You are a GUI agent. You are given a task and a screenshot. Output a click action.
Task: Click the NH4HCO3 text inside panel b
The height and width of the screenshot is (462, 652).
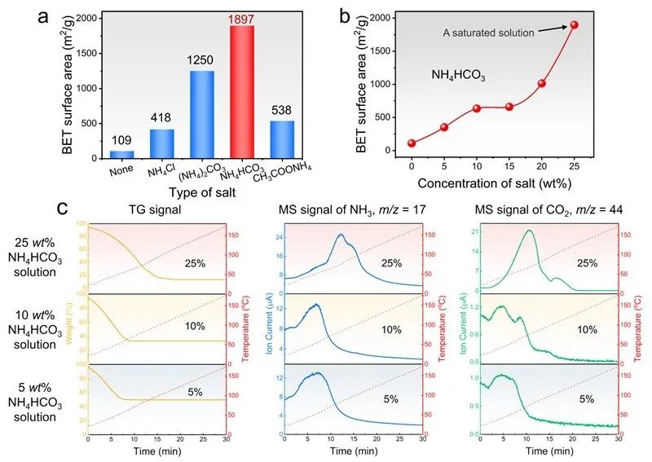pos(460,75)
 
